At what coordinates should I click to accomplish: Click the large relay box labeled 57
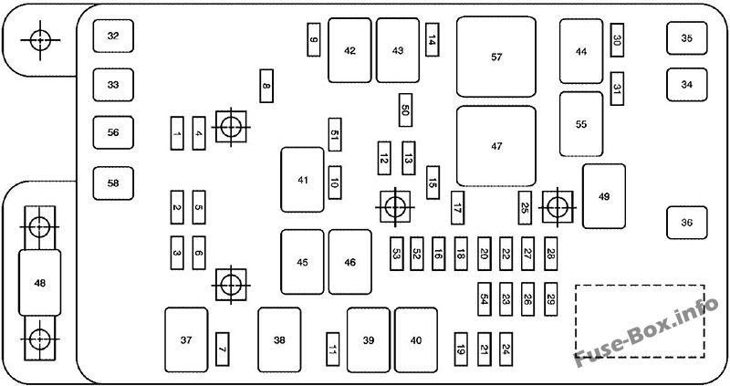tap(496, 57)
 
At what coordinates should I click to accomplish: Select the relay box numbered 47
tap(496, 146)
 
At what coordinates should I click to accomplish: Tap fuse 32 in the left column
tap(113, 37)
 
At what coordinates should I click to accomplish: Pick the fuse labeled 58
tap(113, 183)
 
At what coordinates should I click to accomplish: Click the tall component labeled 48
tap(38, 283)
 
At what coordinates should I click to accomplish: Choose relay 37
tap(186, 340)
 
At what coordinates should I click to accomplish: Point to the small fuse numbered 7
tap(222, 345)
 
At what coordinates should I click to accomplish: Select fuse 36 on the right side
tap(686, 222)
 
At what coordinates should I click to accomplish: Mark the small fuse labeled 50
tap(405, 110)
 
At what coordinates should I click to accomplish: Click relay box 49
tap(603, 196)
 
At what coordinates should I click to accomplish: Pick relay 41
tap(302, 180)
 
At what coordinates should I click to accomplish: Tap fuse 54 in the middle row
tap(485, 298)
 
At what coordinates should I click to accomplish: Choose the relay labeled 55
tap(581, 124)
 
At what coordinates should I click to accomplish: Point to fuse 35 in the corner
tap(686, 37)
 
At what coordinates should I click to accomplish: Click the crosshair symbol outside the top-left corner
tap(38, 39)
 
